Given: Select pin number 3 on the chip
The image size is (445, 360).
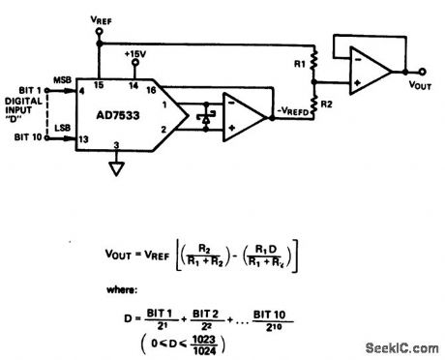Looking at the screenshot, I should coord(117,146).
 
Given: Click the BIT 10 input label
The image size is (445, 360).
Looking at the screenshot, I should coord(28,139).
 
